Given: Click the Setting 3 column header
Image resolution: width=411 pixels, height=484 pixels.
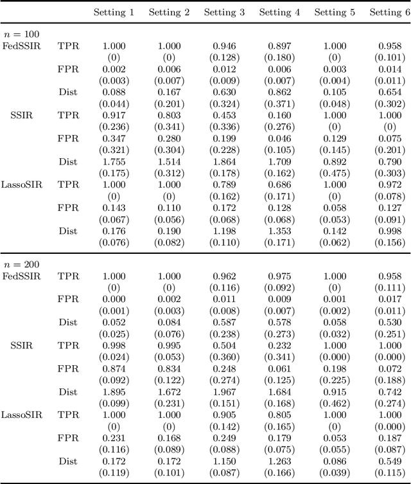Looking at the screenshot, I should point(224,12).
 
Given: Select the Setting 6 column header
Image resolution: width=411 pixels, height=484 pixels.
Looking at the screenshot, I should point(390,12).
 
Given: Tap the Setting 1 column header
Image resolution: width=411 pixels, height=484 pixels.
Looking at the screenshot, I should point(114,12).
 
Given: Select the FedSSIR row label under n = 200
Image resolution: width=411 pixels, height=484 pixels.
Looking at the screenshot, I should point(21,276).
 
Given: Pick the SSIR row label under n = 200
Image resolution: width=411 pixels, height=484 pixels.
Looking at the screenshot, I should point(21,346).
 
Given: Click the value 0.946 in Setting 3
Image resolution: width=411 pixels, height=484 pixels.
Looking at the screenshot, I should point(224,46).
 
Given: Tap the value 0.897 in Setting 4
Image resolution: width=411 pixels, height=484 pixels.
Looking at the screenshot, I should point(279,46).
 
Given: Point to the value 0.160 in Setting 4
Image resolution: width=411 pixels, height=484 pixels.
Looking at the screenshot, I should point(279,115).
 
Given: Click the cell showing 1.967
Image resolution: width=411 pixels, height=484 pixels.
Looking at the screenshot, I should point(224,392).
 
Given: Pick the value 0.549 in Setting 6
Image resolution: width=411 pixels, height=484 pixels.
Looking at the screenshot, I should point(390,462).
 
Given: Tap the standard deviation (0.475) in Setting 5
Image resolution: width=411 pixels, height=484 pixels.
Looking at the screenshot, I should point(335,173).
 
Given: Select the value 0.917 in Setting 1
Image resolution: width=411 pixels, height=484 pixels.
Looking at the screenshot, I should point(114,115).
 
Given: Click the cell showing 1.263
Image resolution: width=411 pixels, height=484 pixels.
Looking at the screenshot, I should point(279,462).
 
